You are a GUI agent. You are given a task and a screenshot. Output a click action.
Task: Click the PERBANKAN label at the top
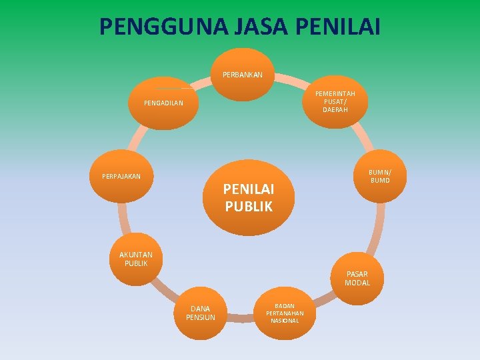point(243,75)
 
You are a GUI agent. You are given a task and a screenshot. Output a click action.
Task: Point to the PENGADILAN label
point(163,103)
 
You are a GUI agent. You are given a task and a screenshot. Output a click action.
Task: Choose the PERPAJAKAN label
point(121,177)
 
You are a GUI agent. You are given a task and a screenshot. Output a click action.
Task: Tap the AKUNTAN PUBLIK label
point(136,259)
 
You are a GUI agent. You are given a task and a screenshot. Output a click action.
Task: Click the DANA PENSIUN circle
point(200,313)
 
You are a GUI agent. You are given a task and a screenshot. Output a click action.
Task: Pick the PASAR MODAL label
point(357,278)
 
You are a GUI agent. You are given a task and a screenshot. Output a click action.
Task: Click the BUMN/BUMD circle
point(380,176)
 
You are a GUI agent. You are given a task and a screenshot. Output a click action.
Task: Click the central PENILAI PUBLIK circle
point(249,197)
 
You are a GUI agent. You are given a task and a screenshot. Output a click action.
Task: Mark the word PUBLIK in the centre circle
point(249,207)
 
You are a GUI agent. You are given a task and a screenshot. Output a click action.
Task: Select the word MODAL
point(357,283)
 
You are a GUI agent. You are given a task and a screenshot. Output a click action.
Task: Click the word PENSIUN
point(200,317)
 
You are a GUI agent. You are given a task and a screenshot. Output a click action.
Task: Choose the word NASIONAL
point(285,321)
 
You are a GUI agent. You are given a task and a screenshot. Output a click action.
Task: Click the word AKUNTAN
point(136,255)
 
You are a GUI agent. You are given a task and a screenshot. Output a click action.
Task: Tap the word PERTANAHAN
point(285,313)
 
